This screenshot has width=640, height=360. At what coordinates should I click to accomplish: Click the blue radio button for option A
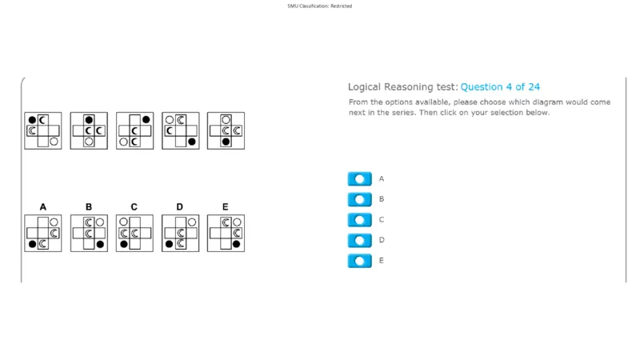pyautogui.click(x=359, y=178)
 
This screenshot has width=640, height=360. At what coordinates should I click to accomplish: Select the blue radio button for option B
pyautogui.click(x=359, y=199)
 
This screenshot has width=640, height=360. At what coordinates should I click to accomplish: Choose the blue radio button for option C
pyautogui.click(x=359, y=219)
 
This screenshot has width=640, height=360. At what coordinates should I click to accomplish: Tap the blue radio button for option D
pyautogui.click(x=359, y=240)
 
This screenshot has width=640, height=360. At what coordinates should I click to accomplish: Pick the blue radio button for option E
pyautogui.click(x=359, y=261)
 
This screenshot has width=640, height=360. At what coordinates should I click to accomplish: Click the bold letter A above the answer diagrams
pyautogui.click(x=43, y=207)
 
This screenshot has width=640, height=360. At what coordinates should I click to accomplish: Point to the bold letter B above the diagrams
pyautogui.click(x=89, y=207)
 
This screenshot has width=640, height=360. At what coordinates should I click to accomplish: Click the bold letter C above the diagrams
pyautogui.click(x=134, y=207)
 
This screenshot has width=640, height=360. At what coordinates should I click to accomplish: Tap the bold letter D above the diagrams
pyautogui.click(x=179, y=207)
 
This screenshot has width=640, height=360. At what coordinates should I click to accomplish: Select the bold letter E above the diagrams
pyautogui.click(x=225, y=207)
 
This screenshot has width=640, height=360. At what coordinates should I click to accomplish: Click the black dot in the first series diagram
pyautogui.click(x=32, y=120)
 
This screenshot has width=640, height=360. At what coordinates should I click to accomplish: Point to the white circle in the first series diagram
pyautogui.click(x=54, y=142)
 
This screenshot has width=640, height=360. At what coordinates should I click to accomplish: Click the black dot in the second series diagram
pyautogui.click(x=89, y=119)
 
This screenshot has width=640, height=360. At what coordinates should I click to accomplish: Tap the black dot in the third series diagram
pyautogui.click(x=146, y=119)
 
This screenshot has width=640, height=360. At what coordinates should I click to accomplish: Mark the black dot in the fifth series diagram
pyautogui.click(x=226, y=142)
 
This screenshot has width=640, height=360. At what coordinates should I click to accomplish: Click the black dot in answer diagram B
pyautogui.click(x=100, y=244)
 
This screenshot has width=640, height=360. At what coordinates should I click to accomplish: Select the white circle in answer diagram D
pyautogui.click(x=192, y=222)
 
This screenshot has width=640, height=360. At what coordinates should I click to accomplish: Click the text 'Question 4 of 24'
pyautogui.click(x=500, y=87)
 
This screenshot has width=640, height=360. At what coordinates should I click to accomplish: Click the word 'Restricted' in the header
pyautogui.click(x=342, y=6)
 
